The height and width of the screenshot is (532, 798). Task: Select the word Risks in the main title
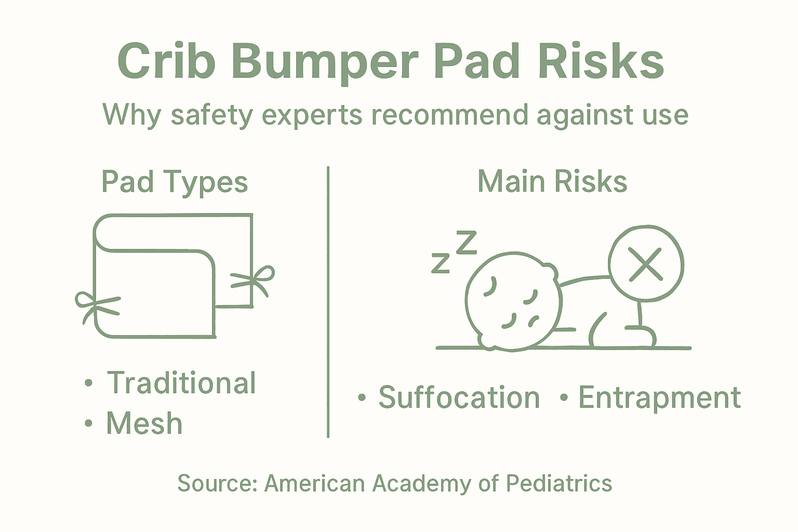click(601, 61)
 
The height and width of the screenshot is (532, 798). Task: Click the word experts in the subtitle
click(312, 115)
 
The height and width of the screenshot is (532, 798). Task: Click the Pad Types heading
click(175, 182)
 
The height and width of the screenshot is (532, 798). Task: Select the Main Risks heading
click(552, 182)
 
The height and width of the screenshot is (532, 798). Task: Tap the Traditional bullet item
click(181, 383)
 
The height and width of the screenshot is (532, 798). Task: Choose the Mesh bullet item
click(144, 423)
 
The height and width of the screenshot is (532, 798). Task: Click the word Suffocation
click(459, 397)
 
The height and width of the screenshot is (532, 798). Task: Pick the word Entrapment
click(659, 397)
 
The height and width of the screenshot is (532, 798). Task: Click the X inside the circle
click(645, 263)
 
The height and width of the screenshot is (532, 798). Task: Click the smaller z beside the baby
click(440, 263)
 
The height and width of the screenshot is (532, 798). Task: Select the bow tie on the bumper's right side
click(255, 281)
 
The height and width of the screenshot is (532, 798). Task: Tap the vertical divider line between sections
click(328, 301)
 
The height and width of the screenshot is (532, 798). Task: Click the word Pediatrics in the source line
click(559, 483)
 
